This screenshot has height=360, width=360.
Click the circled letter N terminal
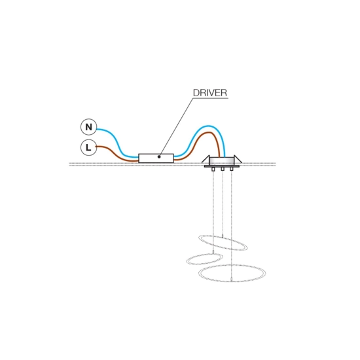coord(89,127)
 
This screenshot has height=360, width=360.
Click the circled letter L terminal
coord(89,147)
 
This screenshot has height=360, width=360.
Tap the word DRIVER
coord(210,93)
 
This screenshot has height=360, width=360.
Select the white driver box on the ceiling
coord(156,158)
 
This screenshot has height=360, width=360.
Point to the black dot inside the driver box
coord(159,157)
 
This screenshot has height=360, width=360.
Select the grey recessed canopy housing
coord(222,161)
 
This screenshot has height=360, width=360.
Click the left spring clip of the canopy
coord(206,159)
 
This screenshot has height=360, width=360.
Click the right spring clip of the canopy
coord(238,159)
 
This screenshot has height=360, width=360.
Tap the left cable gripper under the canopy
coord(213,170)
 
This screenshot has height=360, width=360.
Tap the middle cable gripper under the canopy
coord(223,169)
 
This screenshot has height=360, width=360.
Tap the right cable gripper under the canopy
coord(232,169)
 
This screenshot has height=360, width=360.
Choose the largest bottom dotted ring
coord(232,265)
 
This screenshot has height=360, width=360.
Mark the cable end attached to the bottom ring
coord(232,279)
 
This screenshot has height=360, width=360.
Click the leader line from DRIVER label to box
coord(176,128)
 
